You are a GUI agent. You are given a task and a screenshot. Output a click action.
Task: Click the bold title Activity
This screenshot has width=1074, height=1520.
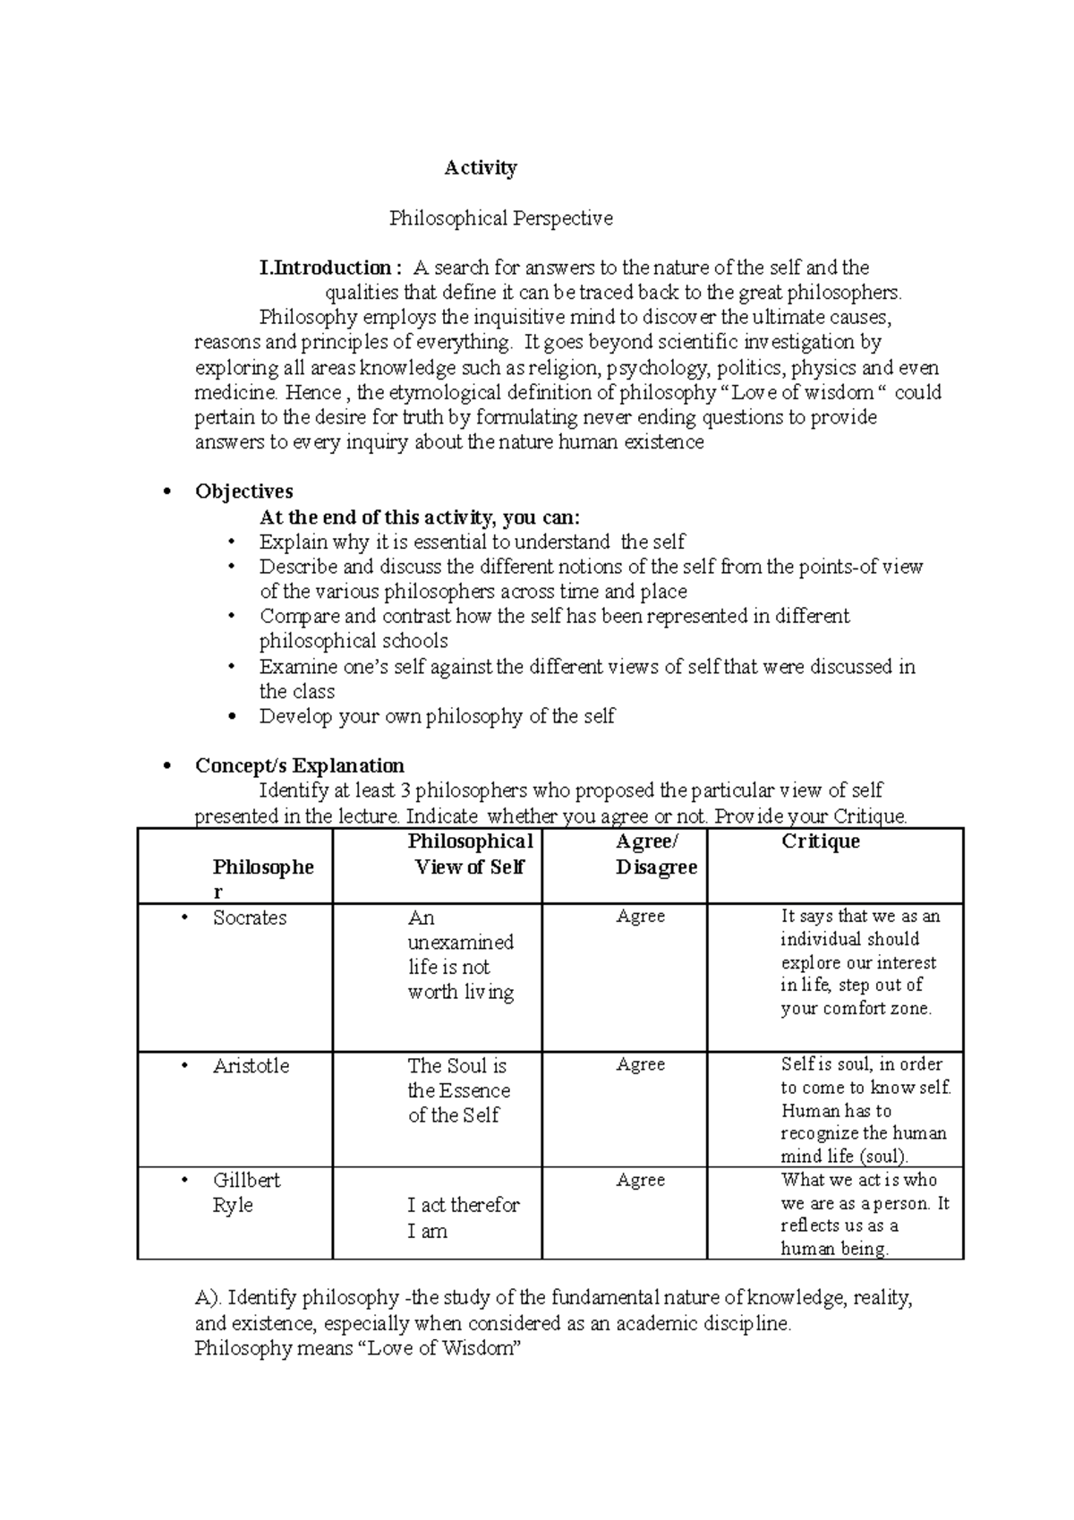[x=481, y=168]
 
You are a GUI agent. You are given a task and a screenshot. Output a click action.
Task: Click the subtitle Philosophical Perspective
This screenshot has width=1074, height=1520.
[x=500, y=218]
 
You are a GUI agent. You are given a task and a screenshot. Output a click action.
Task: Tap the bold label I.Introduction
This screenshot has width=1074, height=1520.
[x=324, y=268]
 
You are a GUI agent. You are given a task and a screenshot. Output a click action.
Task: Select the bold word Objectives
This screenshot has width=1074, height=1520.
[x=243, y=491]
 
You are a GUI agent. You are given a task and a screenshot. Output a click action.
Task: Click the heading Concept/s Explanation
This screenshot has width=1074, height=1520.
[x=299, y=765]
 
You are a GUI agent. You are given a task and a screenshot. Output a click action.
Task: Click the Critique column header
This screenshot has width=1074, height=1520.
[x=820, y=841]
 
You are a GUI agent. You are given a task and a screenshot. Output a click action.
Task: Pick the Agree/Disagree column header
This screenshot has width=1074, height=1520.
[x=655, y=854]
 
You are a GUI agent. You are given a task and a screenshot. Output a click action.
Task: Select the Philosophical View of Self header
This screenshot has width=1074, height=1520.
[x=470, y=854]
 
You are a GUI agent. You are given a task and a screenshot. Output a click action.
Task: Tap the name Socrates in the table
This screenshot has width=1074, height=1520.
[x=250, y=918]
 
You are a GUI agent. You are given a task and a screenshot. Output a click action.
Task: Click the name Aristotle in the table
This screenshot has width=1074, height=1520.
[x=251, y=1066]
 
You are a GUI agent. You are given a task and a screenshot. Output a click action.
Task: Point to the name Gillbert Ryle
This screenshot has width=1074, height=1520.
[x=246, y=1192]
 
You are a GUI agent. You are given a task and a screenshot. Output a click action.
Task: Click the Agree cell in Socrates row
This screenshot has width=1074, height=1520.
[x=640, y=917]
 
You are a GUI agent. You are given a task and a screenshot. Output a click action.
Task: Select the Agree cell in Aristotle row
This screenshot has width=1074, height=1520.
[x=640, y=1064]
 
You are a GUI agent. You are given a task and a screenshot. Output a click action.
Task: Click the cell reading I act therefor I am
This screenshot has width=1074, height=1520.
[x=462, y=1217]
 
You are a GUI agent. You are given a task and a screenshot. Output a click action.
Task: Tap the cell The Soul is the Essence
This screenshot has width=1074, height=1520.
[x=458, y=1090]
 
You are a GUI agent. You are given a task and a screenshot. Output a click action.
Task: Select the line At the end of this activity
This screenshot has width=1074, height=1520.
[x=419, y=517]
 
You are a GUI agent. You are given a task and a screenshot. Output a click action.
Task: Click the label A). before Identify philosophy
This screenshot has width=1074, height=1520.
[x=209, y=1298]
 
